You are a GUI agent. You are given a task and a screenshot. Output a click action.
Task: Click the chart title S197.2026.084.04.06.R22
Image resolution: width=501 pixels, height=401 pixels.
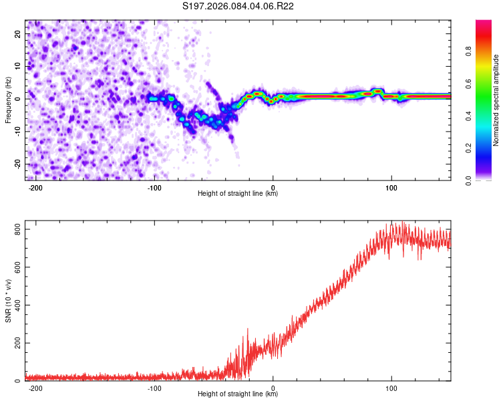pyautogui.click(x=248, y=6)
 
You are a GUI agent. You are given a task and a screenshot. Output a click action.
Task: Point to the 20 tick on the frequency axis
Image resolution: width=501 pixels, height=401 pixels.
pyautogui.click(x=18, y=34)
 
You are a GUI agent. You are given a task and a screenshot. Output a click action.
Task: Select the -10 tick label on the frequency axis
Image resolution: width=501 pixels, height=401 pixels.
pyautogui.click(x=17, y=132)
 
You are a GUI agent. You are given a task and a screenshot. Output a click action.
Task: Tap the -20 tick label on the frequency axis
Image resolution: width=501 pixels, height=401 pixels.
pyautogui.click(x=17, y=164)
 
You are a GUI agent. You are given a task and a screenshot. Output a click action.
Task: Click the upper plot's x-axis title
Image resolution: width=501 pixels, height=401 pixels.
pyautogui.click(x=238, y=194)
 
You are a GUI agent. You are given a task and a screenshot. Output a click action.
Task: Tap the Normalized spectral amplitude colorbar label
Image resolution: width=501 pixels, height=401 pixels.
pyautogui.click(x=496, y=100)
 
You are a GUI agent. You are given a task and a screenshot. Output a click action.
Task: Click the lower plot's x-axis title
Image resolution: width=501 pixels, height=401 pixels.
pyautogui.click(x=238, y=394)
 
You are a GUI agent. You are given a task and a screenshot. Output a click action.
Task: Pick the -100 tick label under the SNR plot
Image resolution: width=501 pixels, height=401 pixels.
pyautogui.click(x=154, y=388)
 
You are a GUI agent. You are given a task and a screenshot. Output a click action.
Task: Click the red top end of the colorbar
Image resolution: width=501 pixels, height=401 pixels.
pyautogui.click(x=484, y=23)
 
